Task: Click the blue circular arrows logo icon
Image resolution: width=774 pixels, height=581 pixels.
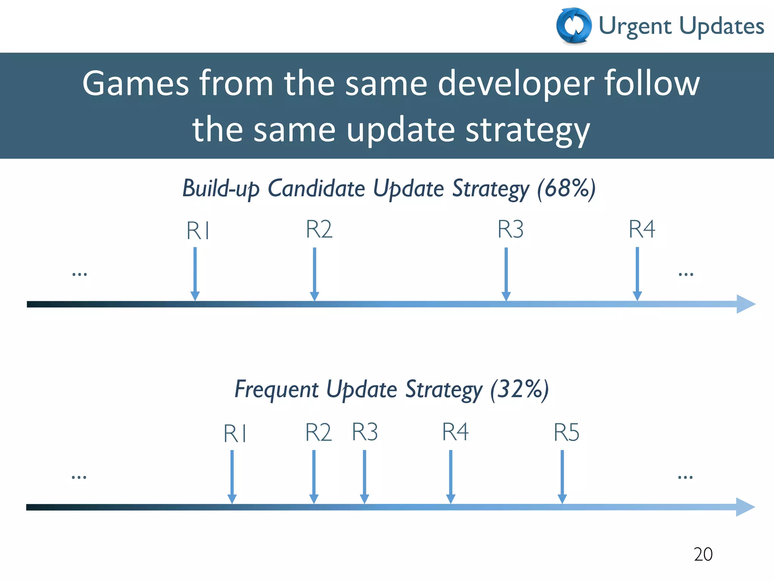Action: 574,26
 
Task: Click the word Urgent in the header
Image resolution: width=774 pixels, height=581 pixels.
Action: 635,26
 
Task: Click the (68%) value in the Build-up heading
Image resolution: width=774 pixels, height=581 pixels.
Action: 566,188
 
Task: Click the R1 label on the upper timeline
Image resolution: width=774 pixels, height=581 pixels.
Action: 198,231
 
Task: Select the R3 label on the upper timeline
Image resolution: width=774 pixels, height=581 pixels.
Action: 510,229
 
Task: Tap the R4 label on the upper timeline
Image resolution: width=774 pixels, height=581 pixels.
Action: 641,229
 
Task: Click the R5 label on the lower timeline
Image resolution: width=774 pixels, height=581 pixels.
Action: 566,432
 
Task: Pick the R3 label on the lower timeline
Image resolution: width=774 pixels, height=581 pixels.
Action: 365,432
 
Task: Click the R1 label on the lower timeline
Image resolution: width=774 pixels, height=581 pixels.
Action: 235,433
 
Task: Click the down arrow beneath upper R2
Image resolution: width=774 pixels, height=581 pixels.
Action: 314,274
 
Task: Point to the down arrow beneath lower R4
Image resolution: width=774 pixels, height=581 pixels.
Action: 450,477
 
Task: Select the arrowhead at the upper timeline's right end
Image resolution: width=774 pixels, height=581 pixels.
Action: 745,304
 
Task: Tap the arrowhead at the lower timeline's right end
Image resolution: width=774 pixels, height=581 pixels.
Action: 745,507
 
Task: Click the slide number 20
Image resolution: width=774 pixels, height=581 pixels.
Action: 703,555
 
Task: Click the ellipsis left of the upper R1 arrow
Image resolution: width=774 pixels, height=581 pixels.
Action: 79,274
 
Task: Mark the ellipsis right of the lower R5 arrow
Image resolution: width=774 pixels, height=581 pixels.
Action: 685,477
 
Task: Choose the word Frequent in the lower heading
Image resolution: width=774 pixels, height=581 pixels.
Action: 277,390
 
